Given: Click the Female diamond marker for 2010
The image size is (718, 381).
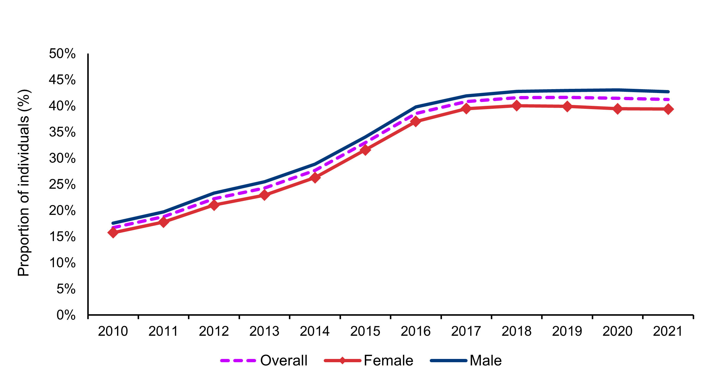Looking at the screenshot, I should [x=113, y=232].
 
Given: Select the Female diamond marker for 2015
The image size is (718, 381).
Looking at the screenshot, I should [x=365, y=150].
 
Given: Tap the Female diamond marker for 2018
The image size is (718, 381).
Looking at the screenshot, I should [x=517, y=106].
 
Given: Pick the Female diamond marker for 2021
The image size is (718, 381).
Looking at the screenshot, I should [x=668, y=109].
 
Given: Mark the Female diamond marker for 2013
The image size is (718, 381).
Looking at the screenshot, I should [x=264, y=195].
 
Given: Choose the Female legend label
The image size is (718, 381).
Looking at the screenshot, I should [x=388, y=360].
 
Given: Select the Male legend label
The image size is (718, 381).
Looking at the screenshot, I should [x=485, y=360].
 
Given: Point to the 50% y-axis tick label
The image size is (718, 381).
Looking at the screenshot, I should [x=62, y=54].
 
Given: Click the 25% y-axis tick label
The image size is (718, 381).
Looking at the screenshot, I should [x=62, y=184].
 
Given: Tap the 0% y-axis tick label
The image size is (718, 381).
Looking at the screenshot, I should [x=66, y=315].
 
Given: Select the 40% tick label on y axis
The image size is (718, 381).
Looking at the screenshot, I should [x=62, y=106].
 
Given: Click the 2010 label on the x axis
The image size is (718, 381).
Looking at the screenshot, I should [x=113, y=331].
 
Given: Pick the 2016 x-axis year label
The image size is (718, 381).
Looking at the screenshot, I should [x=415, y=331].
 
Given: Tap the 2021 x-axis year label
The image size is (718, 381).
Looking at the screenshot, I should [x=668, y=331].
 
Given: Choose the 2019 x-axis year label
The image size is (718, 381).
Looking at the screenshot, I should [x=567, y=331].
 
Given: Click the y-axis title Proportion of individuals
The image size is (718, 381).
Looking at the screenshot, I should [x=24, y=183].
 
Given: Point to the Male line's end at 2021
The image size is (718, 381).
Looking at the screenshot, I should [x=668, y=92].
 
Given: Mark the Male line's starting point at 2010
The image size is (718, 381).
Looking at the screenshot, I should [x=113, y=223].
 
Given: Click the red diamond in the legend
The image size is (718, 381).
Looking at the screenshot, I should [x=342, y=360].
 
